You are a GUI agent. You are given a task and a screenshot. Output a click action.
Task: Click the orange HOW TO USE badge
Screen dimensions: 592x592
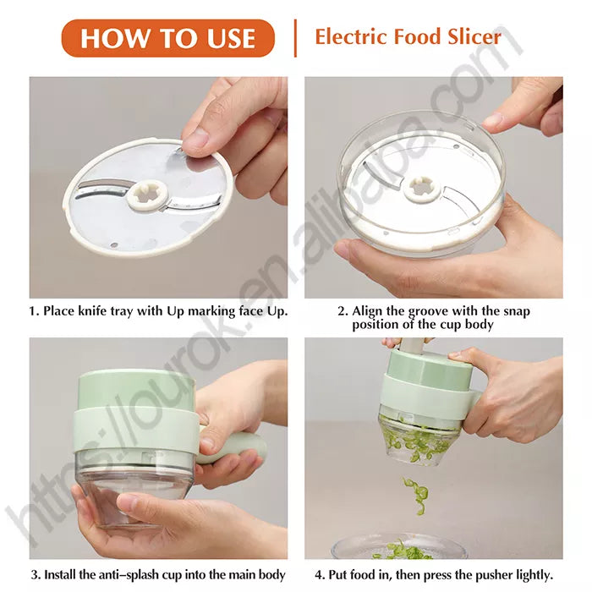(x=168, y=38)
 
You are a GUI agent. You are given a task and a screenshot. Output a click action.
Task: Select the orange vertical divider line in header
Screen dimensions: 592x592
(x=295, y=38)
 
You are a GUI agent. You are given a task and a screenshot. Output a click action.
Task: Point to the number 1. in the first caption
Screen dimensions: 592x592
(x=35, y=311)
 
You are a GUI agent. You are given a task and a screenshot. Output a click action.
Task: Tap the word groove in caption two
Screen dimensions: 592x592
(x=432, y=311)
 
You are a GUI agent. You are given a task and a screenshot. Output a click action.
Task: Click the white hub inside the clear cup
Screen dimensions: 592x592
(x=420, y=187)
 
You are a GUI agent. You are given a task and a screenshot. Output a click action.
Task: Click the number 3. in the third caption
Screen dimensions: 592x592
(x=35, y=575)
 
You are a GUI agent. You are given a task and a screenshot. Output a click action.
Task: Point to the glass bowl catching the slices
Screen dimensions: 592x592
(x=397, y=548)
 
